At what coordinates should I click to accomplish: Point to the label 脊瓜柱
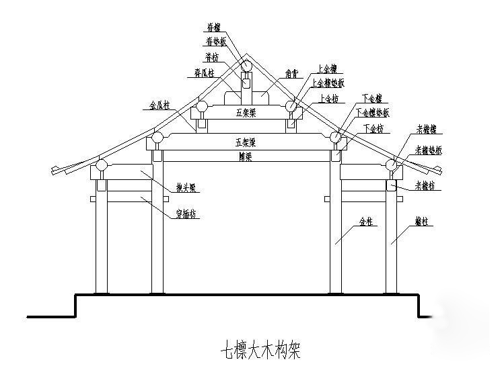204,73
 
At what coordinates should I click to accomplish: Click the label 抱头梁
185,190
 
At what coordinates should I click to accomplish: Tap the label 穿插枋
186,214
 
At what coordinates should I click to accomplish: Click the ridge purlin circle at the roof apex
247,65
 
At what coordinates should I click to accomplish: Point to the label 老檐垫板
428,150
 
